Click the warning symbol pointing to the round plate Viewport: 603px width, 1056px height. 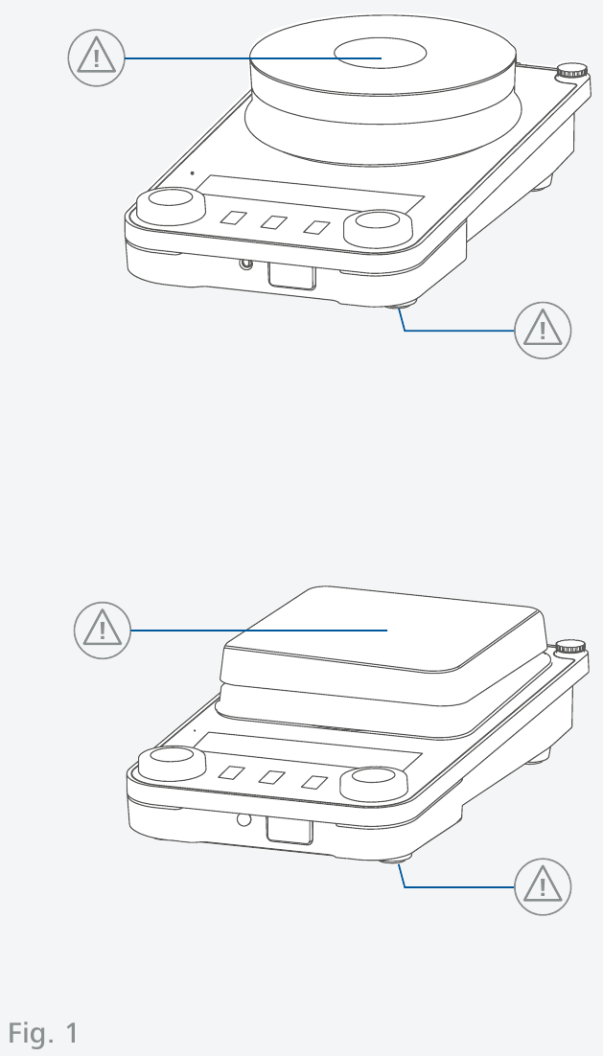tap(96, 57)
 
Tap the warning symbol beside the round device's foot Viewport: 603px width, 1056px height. tap(543, 330)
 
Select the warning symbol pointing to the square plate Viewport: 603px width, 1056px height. tap(103, 631)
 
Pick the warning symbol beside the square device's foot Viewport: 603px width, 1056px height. tap(543, 887)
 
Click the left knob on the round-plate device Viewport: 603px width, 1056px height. tap(171, 205)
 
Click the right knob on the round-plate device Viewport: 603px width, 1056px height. tap(378, 228)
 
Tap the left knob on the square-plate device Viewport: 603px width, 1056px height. tap(172, 763)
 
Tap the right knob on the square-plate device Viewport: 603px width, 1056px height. tap(374, 783)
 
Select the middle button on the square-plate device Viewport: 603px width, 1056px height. tap(272, 777)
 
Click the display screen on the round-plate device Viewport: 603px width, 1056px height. tap(310, 194)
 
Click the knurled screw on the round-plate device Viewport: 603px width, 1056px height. tap(571, 71)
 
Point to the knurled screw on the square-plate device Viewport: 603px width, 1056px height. tap(570, 648)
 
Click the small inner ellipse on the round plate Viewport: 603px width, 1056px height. tap(380, 54)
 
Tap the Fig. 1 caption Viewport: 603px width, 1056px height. tap(43, 1032)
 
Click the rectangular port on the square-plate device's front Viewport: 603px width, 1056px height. tap(290, 831)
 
